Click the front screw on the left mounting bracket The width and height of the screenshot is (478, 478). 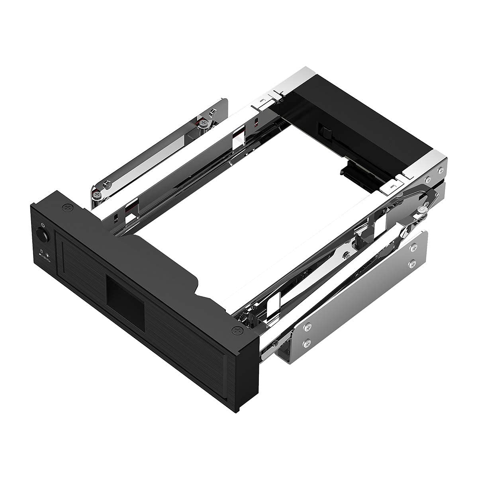[x=107, y=184]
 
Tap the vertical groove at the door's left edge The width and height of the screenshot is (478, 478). [x=59, y=255]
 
